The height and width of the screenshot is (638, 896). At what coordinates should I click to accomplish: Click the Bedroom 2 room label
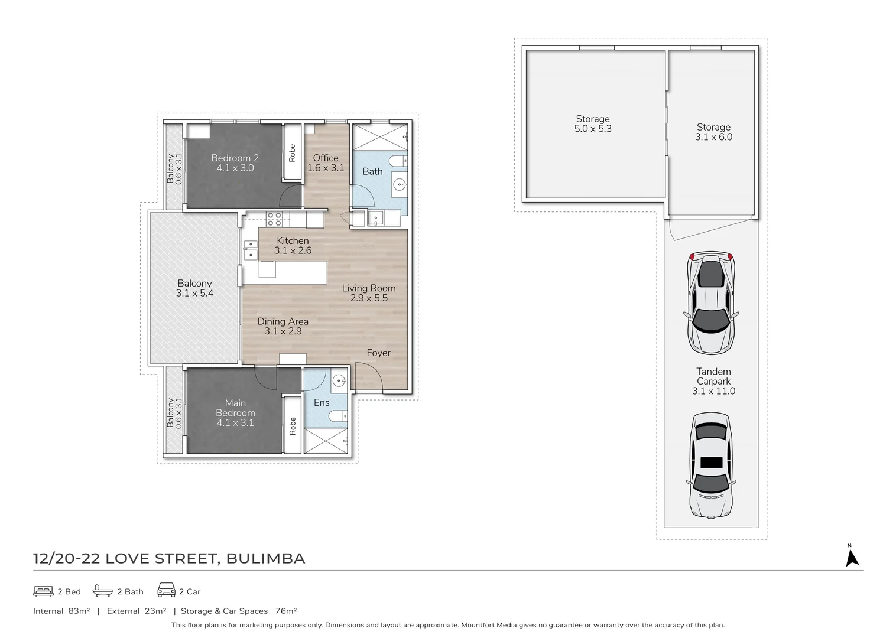coord(235,158)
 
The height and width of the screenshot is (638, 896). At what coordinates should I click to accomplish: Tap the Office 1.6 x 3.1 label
coord(326,162)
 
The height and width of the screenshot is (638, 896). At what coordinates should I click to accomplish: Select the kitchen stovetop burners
coord(274,219)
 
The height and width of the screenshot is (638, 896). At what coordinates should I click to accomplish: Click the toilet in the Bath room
coord(397,161)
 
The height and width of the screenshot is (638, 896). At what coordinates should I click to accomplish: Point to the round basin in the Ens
coord(339,380)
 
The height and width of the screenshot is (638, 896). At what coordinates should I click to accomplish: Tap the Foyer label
coord(378,353)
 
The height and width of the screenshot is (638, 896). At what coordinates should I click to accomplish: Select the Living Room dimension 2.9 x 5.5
coord(369,298)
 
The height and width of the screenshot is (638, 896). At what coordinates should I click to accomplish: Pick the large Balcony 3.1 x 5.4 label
coord(194,288)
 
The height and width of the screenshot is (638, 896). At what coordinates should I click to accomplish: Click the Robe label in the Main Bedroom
coord(293,426)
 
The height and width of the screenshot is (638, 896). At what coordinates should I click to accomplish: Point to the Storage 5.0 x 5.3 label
coord(593,123)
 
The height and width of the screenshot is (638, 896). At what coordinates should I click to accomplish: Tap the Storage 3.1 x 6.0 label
coord(713,132)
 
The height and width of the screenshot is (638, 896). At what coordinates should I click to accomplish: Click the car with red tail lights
coord(711,303)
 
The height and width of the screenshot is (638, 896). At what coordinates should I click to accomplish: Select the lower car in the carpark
coord(711,466)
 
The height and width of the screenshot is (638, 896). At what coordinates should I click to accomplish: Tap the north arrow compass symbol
coord(852,556)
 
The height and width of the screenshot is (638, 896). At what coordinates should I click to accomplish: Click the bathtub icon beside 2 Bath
coord(103,591)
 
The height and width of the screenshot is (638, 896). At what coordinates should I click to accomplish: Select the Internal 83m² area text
coord(61,611)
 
